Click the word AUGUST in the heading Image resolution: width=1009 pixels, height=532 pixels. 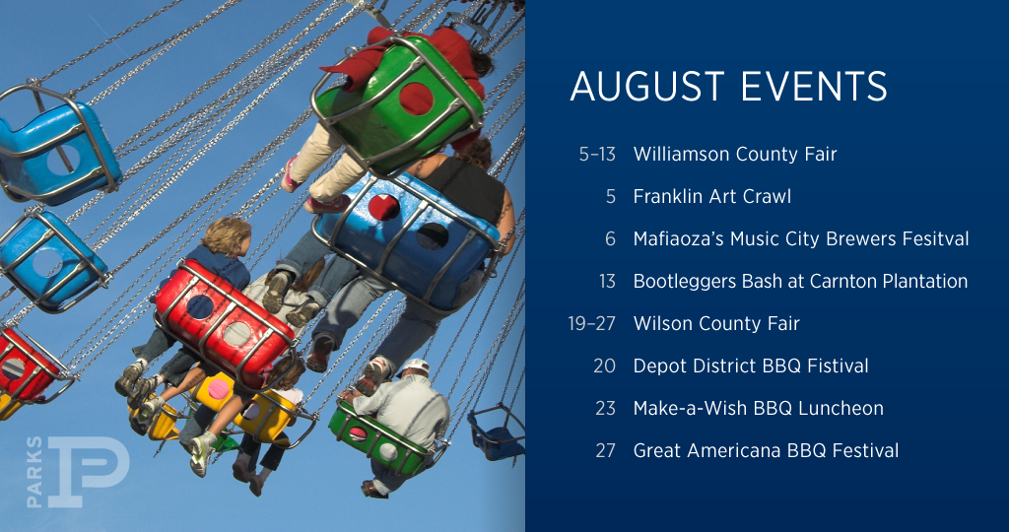coord(648,86)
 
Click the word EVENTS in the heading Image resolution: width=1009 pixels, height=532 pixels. coord(815,86)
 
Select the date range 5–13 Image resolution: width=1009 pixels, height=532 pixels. coord(597,155)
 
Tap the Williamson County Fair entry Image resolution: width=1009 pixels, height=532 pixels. coord(735,155)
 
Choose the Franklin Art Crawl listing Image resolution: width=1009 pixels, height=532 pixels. coord(712,197)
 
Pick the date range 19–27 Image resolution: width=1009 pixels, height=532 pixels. coord(592,323)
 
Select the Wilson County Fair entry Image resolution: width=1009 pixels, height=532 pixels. coord(716,323)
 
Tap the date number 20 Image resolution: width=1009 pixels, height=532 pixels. coord(605,366)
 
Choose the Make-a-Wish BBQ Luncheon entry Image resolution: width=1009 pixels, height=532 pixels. coord(758,409)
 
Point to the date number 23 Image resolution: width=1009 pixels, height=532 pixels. coord(605,409)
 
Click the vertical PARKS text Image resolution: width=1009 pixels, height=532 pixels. coord(34,472)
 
